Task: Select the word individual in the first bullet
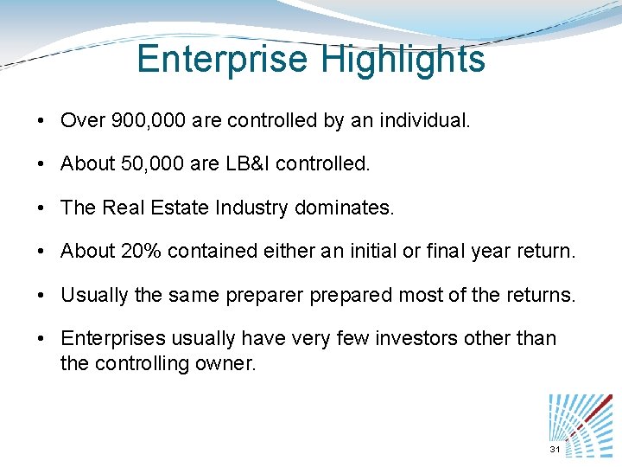pos(425,120)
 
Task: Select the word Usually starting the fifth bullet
pos(92,295)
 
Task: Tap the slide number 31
pos(555,451)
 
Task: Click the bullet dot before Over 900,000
pos(41,121)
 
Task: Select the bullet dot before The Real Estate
pos(41,208)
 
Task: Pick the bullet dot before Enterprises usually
pos(41,339)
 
